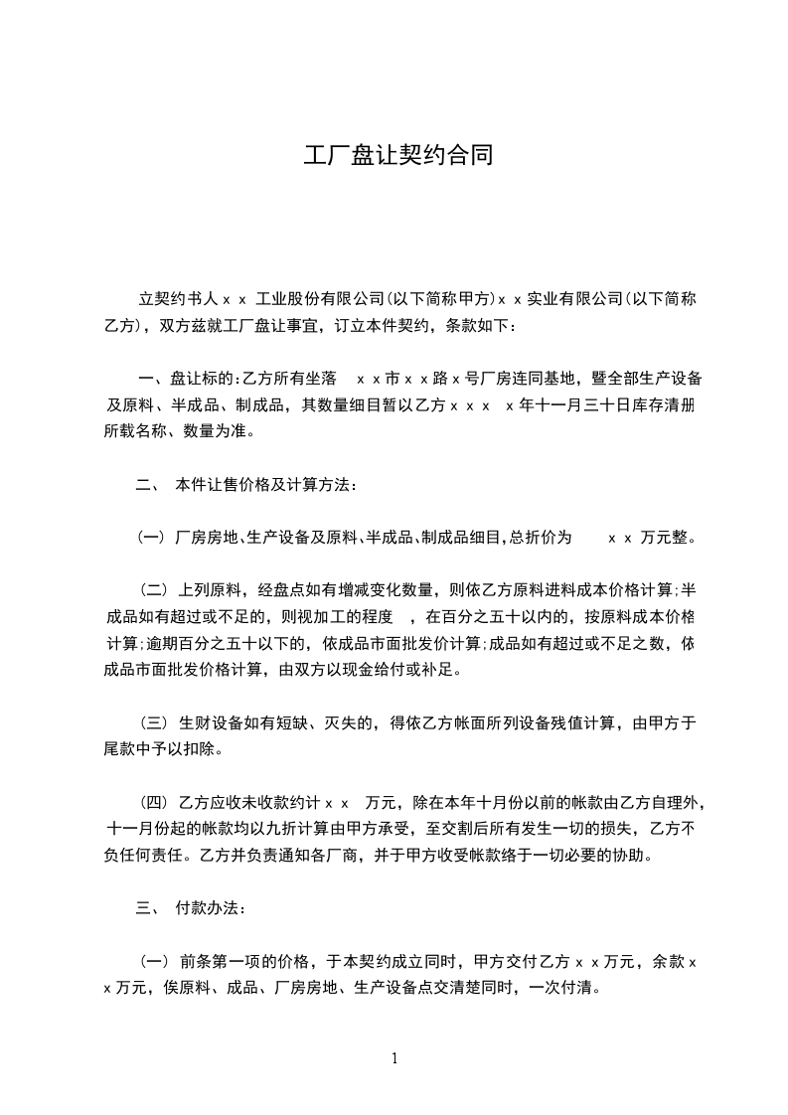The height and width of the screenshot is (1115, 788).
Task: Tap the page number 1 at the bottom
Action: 394,1058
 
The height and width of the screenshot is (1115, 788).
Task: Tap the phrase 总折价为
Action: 541,539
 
